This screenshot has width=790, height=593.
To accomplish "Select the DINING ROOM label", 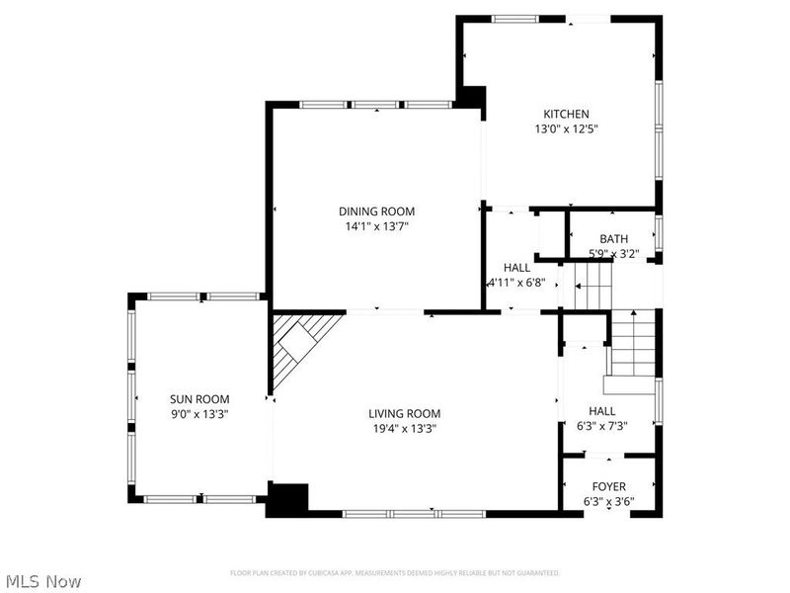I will click(376, 212).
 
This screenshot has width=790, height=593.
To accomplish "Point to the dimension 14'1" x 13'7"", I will click(376, 226).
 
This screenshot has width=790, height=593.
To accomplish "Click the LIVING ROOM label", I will click(405, 413).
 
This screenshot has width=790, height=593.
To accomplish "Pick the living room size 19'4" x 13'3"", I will click(405, 429).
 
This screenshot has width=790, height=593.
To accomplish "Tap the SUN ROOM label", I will click(199, 399).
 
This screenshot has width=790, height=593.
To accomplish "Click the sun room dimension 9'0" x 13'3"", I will click(199, 415).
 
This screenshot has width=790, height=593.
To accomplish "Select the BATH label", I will click(613, 239).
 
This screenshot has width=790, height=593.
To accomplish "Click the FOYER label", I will click(608, 486).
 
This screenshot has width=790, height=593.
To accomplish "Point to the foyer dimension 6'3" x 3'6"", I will click(608, 501).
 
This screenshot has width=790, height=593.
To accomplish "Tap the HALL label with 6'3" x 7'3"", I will click(602, 411).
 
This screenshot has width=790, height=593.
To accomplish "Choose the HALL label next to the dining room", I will click(516, 268).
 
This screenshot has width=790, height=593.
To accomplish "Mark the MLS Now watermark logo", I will click(43, 581).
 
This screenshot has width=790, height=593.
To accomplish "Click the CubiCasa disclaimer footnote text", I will click(395, 573).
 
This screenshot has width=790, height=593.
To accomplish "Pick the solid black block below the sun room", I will click(288, 498).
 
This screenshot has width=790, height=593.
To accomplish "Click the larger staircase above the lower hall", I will click(631, 346).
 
